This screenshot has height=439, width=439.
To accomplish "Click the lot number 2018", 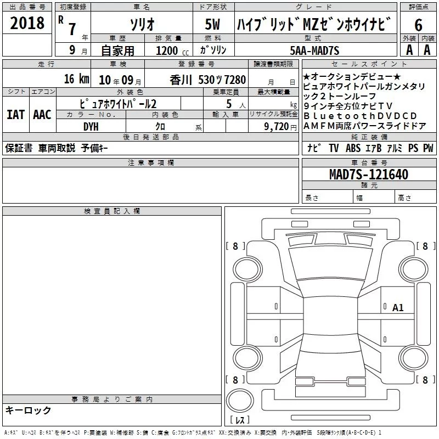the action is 27,22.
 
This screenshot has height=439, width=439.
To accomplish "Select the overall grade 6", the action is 418,25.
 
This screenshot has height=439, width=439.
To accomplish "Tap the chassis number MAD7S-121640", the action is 369,174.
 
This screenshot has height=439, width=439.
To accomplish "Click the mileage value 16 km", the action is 77,79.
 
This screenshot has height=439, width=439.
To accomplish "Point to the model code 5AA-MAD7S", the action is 314,50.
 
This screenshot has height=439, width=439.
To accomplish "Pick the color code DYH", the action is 91,127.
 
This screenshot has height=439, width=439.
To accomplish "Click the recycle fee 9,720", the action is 277,127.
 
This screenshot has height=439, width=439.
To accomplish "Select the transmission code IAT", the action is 15,115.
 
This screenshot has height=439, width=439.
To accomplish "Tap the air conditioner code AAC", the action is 42,115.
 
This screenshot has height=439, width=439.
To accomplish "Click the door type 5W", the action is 212,24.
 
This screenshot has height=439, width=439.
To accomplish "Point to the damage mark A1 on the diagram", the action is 398,308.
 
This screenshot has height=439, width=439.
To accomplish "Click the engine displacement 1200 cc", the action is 172,50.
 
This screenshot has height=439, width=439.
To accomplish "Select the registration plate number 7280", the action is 235,80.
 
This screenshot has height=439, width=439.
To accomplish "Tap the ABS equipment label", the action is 353,148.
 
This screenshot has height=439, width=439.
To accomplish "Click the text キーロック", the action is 28,410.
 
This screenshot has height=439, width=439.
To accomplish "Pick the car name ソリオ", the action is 142,25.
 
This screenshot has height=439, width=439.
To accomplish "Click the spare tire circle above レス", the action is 240,400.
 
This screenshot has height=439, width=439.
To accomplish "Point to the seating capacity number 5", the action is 229,104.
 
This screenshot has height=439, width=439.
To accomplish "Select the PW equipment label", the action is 428,148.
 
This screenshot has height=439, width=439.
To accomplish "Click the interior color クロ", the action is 160,127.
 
